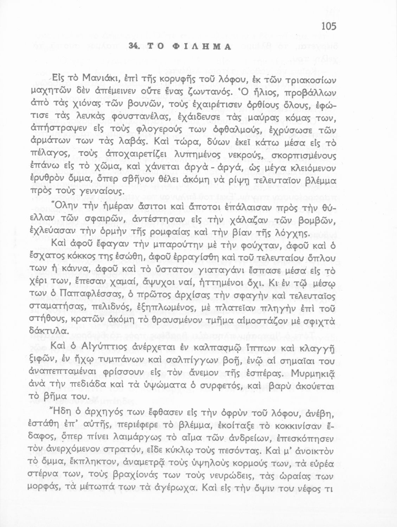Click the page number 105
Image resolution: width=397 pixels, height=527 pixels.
(x=328, y=26)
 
